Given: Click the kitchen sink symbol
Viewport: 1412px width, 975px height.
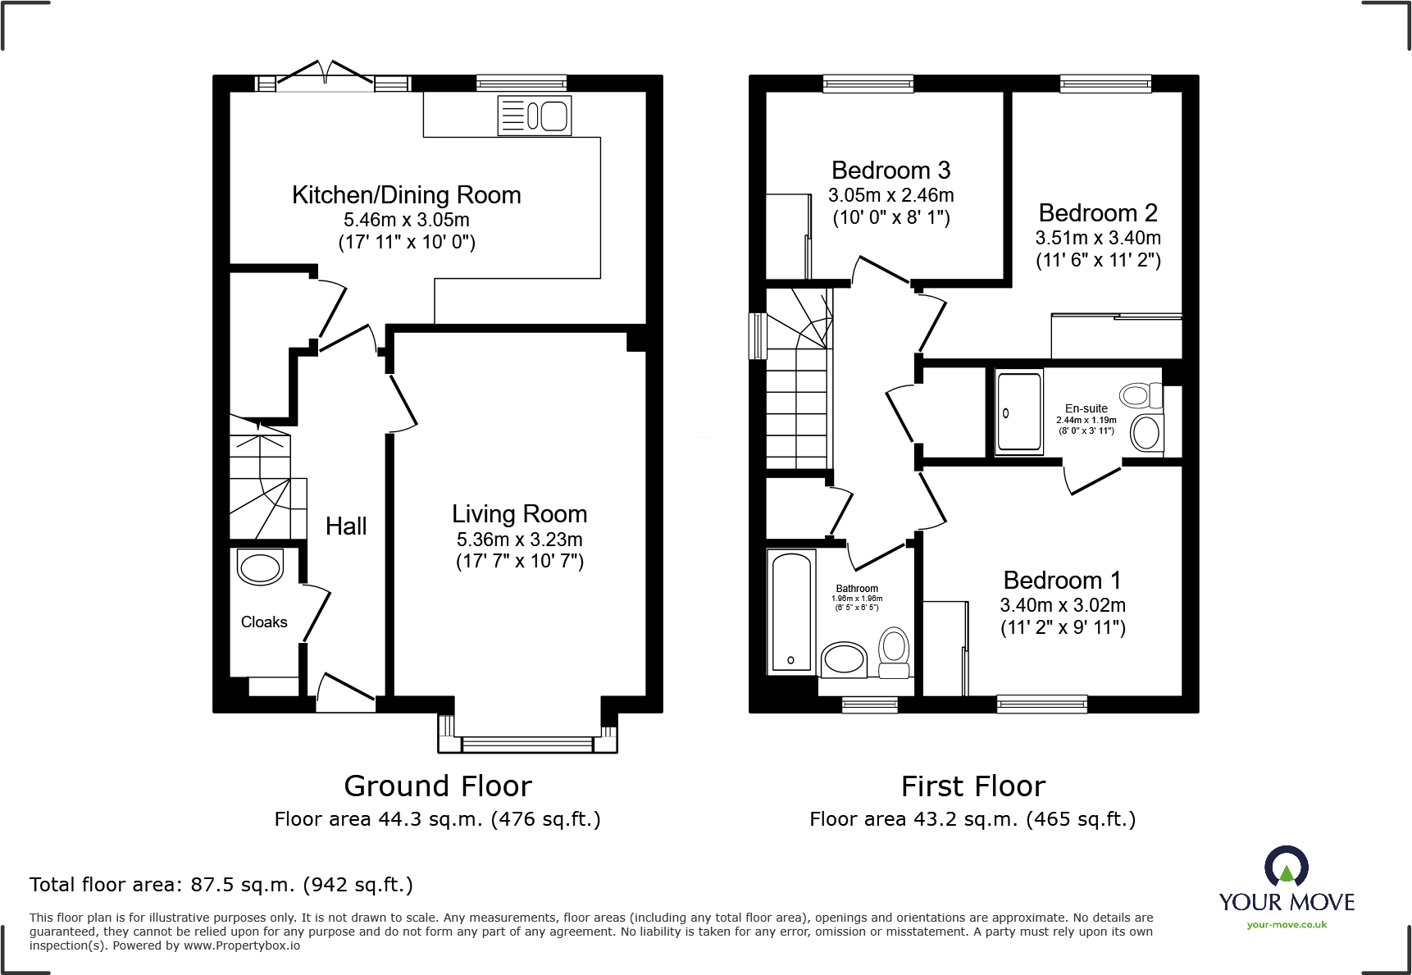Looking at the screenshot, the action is coord(535,116).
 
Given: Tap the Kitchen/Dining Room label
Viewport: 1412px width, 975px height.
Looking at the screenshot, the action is coord(407,195).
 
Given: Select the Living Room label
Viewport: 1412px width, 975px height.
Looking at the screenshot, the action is coord(520,514).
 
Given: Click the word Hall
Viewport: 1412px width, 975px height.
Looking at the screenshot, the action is coord(346,526).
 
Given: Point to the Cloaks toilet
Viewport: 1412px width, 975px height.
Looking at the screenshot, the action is coord(260,567).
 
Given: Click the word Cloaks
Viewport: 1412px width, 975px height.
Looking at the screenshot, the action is coord(264,622).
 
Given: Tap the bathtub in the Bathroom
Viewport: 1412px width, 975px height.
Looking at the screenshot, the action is coord(792,611).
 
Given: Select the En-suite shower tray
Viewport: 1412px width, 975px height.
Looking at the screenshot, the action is coord(1019,412).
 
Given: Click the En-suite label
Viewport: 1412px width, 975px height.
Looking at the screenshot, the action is coord(1086,408).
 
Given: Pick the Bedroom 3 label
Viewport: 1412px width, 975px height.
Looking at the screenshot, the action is coord(891,171).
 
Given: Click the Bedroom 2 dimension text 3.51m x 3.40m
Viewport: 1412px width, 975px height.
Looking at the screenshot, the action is coord(1098,238).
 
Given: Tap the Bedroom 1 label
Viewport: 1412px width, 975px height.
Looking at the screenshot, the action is coord(1063,581).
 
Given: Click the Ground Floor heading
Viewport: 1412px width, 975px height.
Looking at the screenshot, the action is coord(438,786).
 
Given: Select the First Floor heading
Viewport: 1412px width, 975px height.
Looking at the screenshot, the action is coord(973,786).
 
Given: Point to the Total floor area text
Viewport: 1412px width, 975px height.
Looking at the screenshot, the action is coord(221,885).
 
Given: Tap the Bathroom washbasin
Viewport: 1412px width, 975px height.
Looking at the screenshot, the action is coord(844,658).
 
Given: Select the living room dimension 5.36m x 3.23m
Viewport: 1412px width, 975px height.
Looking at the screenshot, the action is coord(520,540).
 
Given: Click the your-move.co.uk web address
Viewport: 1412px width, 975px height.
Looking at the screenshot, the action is coord(1287,925).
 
